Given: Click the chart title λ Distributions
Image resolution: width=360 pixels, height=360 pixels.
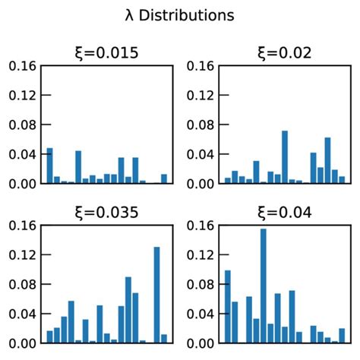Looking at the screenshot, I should point(180,14).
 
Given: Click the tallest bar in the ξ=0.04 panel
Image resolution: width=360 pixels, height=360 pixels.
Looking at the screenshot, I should point(263,286).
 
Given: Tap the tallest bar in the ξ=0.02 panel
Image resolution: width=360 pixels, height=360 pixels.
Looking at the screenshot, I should point(285,157).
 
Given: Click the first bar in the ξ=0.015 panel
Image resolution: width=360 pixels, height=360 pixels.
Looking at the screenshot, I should point(49,166).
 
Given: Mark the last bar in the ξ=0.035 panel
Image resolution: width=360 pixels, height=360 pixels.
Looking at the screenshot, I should point(164,339).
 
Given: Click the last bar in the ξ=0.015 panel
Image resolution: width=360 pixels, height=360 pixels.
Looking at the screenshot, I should point(164,179).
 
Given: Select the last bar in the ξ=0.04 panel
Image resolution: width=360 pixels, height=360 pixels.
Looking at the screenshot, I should point(342,336).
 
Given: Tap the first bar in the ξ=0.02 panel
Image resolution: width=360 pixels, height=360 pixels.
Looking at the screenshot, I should point(227,181).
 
